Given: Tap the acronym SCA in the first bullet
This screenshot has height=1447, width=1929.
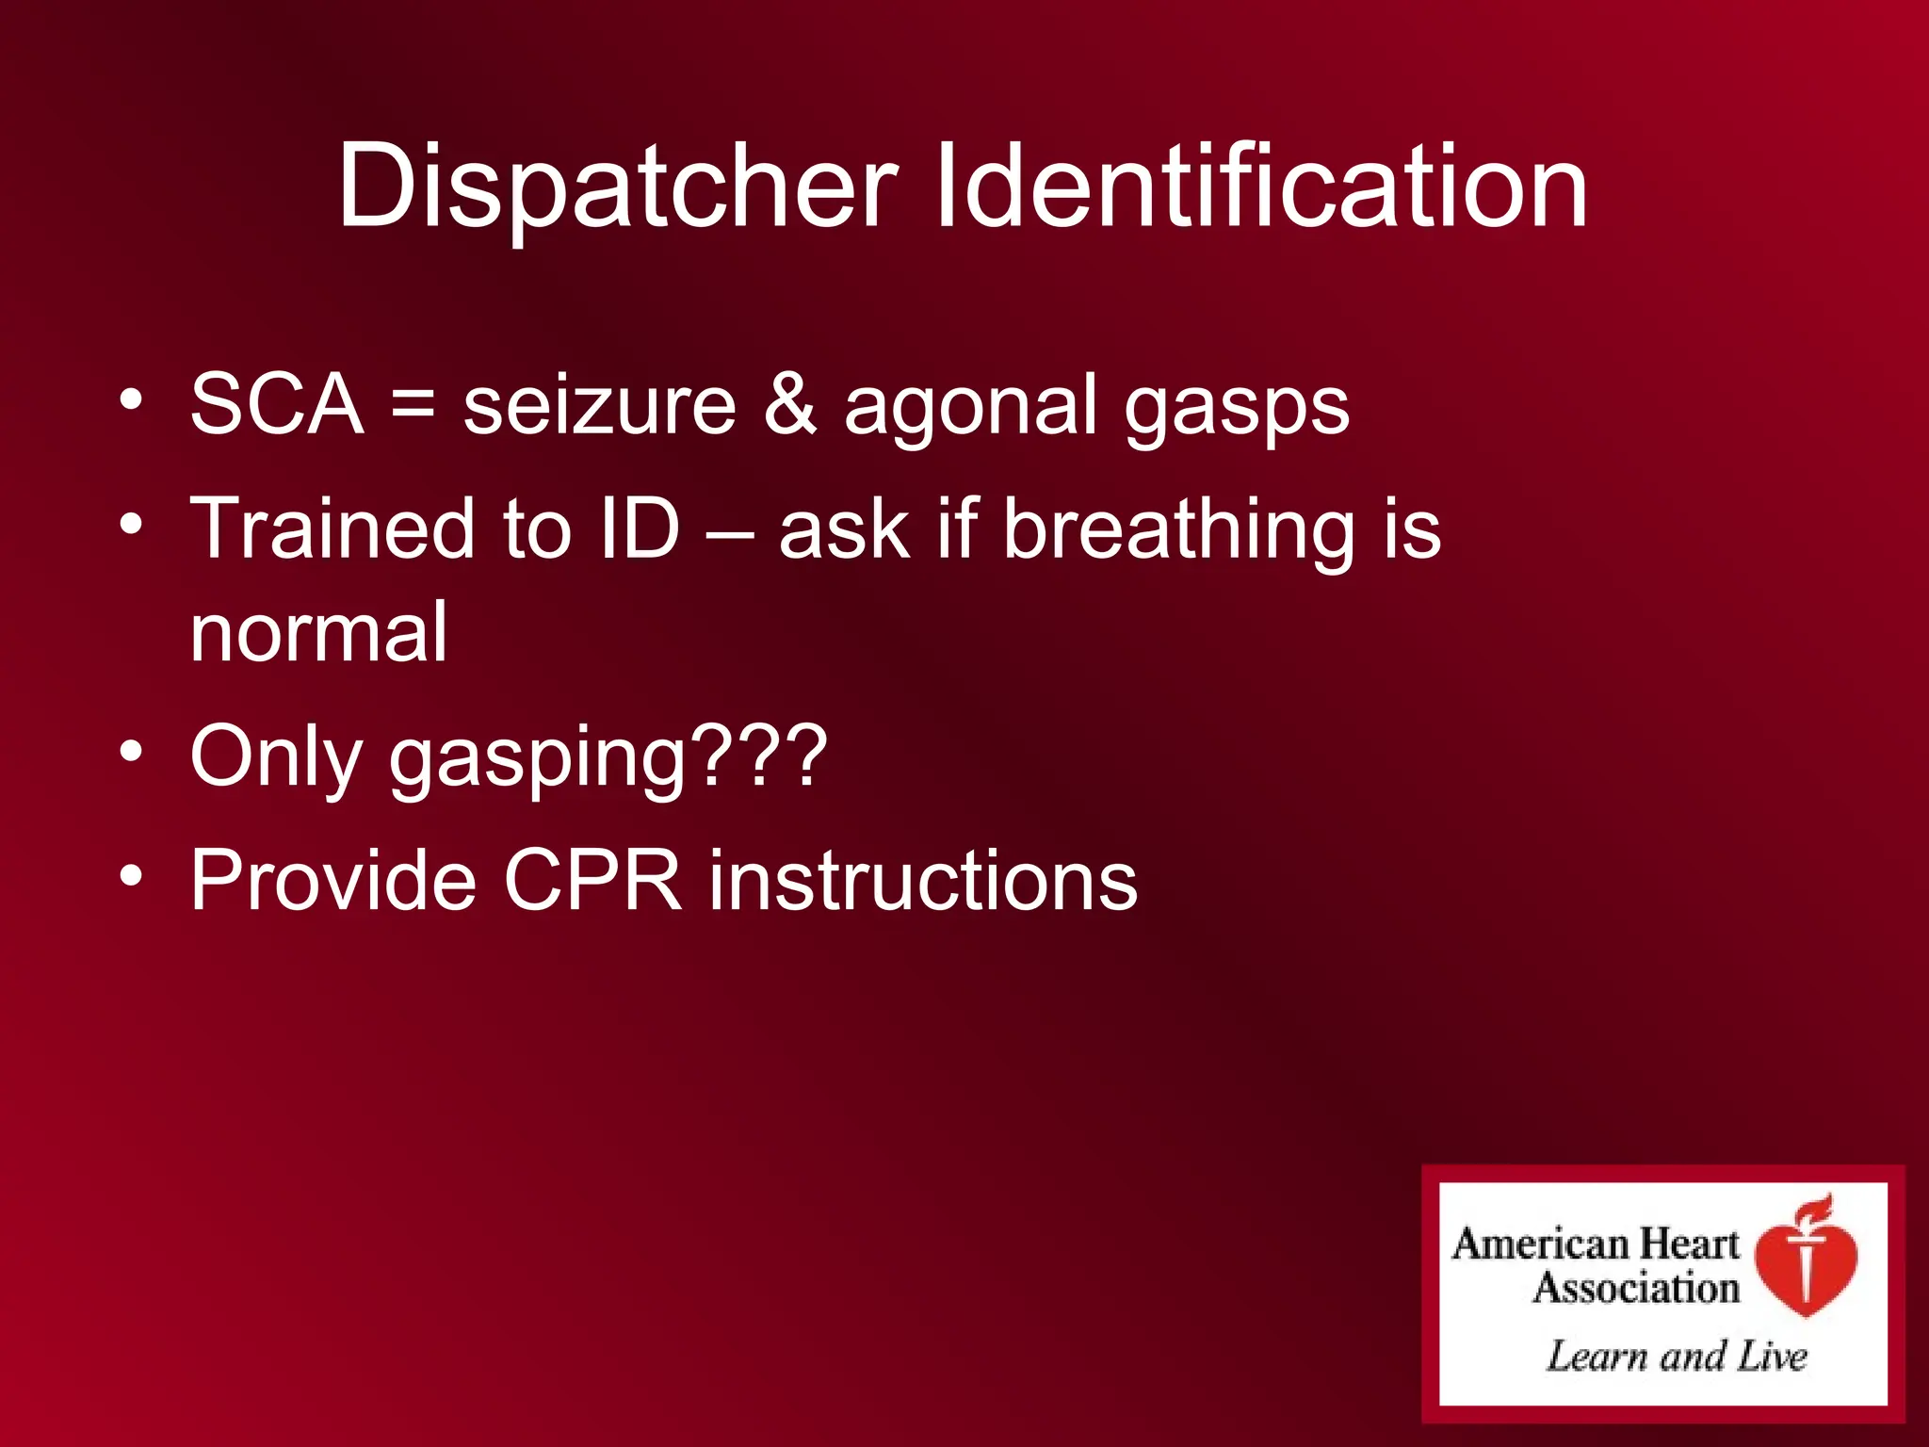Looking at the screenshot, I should [x=277, y=405].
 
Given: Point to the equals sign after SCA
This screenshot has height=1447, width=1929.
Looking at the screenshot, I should [x=413, y=405].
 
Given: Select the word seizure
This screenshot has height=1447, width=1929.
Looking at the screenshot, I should [x=599, y=405].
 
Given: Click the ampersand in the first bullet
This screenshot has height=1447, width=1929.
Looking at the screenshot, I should [x=789, y=405].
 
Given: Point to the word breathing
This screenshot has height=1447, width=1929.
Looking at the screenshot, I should [x=1177, y=530].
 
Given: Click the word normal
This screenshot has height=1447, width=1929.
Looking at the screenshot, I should [x=318, y=633].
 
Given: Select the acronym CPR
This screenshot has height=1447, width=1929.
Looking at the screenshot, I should [x=592, y=880].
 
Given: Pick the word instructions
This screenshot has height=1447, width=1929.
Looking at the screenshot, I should [x=923, y=880].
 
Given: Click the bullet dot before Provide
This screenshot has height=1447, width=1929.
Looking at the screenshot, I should [x=131, y=876].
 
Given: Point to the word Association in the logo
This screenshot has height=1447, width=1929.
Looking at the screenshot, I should [x=1636, y=1288].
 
